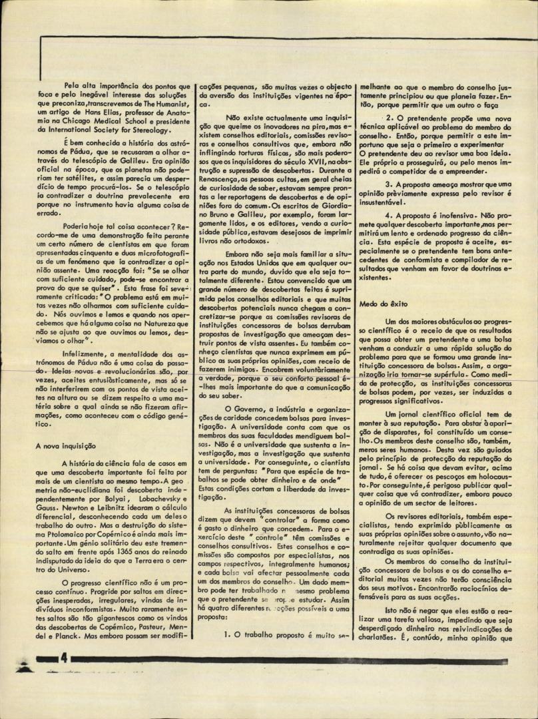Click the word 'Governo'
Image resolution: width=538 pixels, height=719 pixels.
point(244,408)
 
